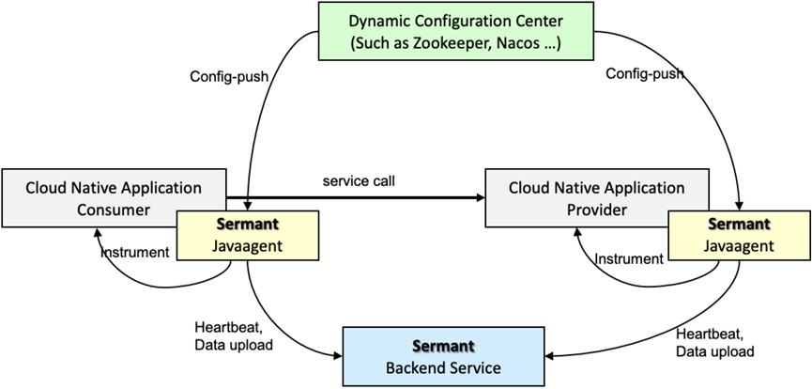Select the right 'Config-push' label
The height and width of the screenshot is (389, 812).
[645, 72]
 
